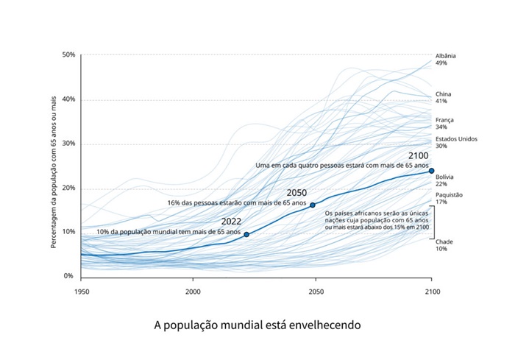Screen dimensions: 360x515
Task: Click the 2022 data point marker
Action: (x=246, y=234)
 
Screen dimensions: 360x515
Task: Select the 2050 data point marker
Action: (x=313, y=205)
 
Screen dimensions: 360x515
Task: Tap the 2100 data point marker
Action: (x=432, y=171)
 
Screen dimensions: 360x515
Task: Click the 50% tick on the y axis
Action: (x=68, y=55)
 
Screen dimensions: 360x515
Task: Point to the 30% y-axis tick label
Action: (x=68, y=144)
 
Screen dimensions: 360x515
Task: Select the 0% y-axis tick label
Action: (x=70, y=276)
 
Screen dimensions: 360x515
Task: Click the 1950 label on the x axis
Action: (x=81, y=292)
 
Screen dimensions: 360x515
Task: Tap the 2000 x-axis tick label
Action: (x=193, y=292)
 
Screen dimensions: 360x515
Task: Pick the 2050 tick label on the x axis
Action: (x=316, y=292)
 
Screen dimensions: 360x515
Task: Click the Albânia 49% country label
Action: (x=446, y=60)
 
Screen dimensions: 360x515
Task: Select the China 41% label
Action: (x=444, y=98)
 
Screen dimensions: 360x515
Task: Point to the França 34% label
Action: (x=445, y=123)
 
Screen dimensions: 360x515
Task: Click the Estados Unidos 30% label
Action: (x=456, y=142)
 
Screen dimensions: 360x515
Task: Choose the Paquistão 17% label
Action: (x=449, y=198)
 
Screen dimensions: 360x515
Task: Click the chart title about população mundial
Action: (x=257, y=324)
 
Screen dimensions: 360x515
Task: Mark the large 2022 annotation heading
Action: (x=232, y=220)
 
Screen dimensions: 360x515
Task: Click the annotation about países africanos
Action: (x=376, y=219)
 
